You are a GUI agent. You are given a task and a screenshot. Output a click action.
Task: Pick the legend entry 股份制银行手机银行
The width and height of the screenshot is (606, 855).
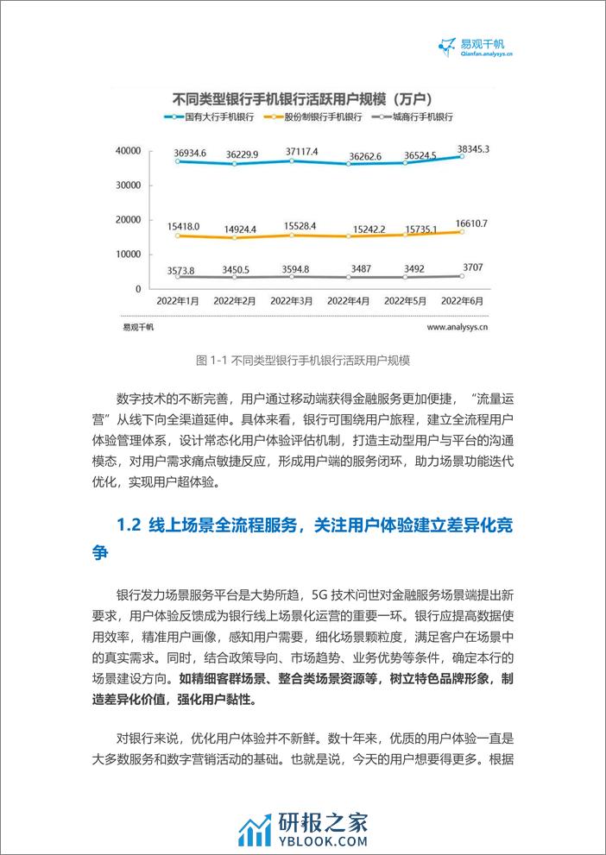tap(319, 116)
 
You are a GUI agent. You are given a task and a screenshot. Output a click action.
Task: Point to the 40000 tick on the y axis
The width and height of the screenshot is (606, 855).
tap(127, 151)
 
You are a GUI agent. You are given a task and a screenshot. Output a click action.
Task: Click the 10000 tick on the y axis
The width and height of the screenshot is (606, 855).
tap(127, 255)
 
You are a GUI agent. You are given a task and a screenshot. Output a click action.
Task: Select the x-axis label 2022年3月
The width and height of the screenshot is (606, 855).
tap(293, 301)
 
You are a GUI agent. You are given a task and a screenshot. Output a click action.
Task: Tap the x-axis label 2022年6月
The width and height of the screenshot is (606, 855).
tap(463, 301)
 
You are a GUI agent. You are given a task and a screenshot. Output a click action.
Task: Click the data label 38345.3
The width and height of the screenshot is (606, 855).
tap(471, 149)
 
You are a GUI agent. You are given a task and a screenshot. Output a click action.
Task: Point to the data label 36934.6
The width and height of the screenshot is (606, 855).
tap(178, 153)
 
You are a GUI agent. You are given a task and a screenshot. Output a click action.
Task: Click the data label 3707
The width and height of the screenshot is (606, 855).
tap(472, 267)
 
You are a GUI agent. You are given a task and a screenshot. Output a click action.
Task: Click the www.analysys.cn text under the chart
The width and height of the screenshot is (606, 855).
tap(458, 328)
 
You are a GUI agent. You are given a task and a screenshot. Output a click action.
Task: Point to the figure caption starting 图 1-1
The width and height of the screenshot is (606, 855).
tap(303, 360)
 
